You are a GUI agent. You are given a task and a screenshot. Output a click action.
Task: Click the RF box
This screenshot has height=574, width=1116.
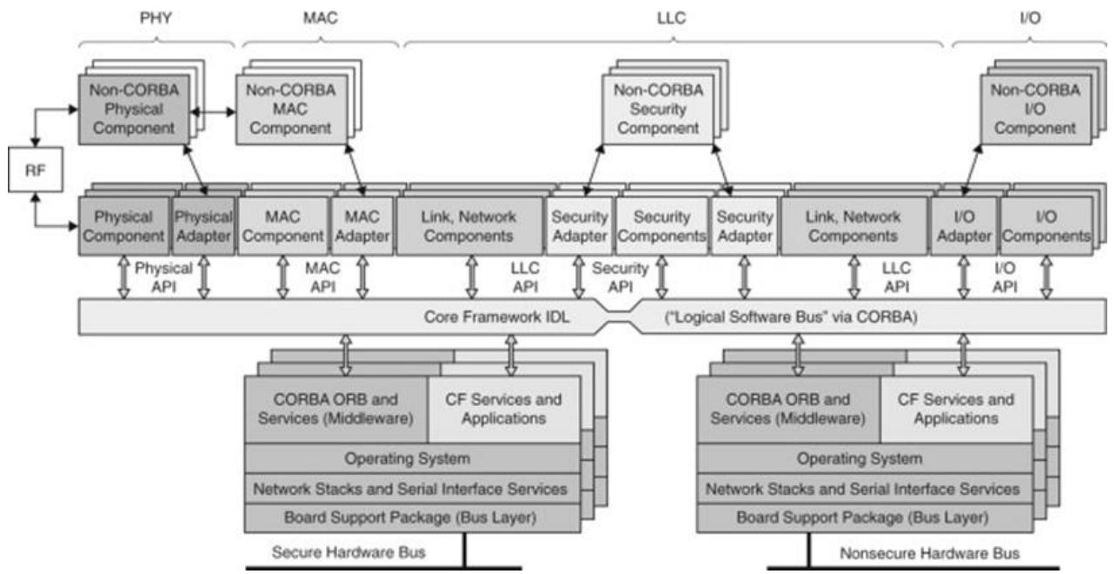tap(36, 170)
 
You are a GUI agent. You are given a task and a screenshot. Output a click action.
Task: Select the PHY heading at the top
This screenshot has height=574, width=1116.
tap(156, 18)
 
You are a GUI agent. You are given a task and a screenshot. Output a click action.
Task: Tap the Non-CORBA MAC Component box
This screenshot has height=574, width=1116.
tap(291, 110)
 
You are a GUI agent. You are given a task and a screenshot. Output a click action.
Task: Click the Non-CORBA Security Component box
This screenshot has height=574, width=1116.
tap(658, 110)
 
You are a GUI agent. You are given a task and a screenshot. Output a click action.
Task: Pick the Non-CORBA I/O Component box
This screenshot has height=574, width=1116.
tap(1035, 110)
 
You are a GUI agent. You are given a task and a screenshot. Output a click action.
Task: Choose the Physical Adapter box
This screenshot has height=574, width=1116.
tap(203, 226)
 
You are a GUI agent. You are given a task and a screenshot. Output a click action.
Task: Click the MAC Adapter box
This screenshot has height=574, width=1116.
tap(362, 226)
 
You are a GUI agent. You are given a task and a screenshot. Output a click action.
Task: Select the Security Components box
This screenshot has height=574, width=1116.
tap(661, 226)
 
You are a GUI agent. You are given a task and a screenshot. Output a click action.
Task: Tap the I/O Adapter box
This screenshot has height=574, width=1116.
tap(964, 226)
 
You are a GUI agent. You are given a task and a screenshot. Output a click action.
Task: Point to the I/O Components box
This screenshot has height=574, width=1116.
tap(1046, 226)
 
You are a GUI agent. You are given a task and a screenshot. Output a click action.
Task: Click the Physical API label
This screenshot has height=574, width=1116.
tap(163, 277)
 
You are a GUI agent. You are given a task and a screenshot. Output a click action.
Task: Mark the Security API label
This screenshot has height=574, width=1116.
tap(620, 277)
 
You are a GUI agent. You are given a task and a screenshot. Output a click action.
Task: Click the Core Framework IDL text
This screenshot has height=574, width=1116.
tap(496, 317)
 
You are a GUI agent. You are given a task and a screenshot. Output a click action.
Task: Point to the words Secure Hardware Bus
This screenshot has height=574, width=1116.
tap(349, 552)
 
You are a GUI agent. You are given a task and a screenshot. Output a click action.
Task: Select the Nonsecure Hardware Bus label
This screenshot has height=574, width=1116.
tap(930, 553)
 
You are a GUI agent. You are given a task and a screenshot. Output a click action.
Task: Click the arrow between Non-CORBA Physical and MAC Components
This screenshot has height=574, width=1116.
tap(213, 111)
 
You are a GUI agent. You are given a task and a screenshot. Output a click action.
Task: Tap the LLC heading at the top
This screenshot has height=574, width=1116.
tap(671, 18)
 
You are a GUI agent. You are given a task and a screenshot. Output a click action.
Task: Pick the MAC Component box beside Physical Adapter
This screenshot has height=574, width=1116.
tap(283, 226)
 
